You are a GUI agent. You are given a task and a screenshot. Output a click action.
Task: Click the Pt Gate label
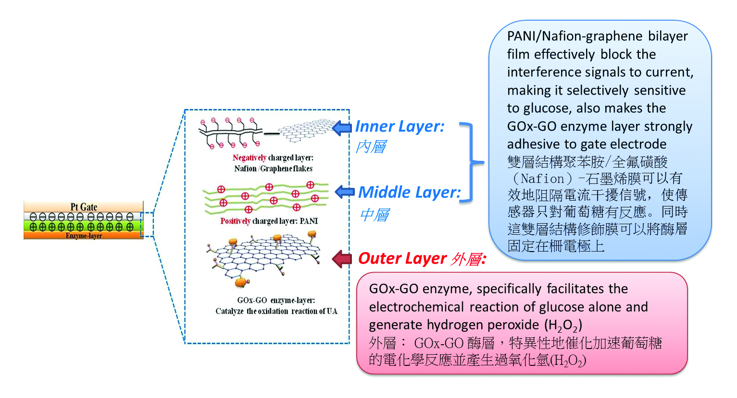click(x=84, y=207)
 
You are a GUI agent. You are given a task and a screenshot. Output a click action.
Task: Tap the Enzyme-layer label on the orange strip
click(x=84, y=236)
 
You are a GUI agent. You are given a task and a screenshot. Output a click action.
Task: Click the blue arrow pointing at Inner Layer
click(x=342, y=128)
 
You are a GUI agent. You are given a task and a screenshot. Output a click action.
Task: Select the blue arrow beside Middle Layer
click(x=344, y=192)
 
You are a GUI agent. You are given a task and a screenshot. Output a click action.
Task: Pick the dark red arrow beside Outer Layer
click(x=342, y=259)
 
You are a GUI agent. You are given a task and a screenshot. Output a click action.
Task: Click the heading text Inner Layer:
click(x=400, y=126)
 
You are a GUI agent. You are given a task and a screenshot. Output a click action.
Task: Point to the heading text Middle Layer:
click(x=409, y=192)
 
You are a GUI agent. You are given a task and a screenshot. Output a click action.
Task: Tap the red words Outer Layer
click(x=402, y=258)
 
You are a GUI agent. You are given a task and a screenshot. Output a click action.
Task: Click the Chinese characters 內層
click(x=371, y=146)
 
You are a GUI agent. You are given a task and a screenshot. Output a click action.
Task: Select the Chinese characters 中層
click(x=374, y=215)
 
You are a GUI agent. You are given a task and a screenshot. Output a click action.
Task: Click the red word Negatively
click(x=249, y=157)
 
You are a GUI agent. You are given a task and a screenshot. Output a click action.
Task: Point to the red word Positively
click(x=235, y=221)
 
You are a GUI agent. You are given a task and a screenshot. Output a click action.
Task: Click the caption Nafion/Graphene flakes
click(x=273, y=169)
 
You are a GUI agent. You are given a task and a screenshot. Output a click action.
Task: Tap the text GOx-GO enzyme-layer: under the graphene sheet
click(x=276, y=300)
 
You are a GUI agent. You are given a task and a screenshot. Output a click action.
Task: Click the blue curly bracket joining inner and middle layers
click(x=471, y=162)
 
